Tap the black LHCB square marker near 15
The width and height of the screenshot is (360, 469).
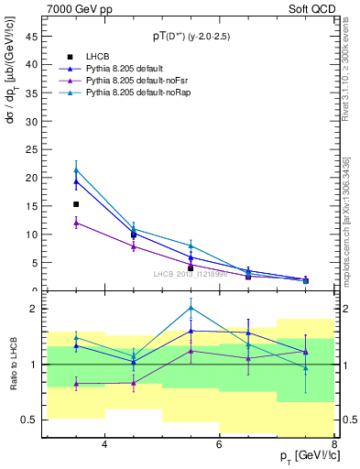point(76,204)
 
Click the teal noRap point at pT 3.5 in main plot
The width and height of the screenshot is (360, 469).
point(76,169)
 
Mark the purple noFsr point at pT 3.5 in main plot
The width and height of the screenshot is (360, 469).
point(76,223)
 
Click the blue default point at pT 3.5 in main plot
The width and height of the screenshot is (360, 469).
point(76,181)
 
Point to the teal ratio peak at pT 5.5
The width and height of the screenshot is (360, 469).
point(191,308)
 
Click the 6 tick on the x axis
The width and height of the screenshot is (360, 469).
point(219,445)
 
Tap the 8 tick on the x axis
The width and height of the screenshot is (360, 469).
point(333,445)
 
